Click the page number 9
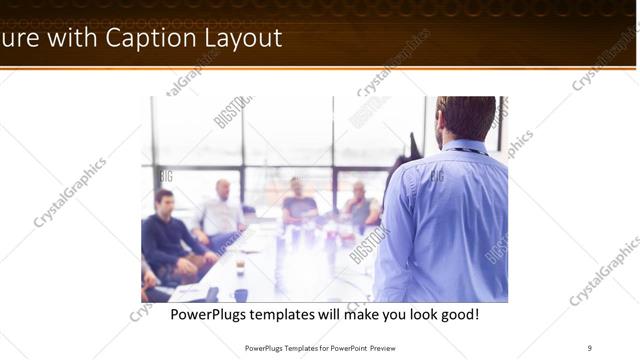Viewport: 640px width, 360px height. click(x=589, y=348)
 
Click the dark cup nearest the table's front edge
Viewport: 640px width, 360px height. click(x=241, y=294)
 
